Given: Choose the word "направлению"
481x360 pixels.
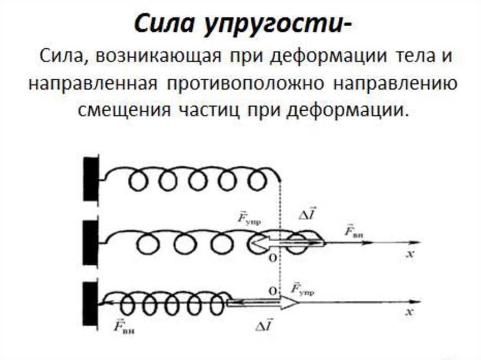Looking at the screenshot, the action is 396,85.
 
